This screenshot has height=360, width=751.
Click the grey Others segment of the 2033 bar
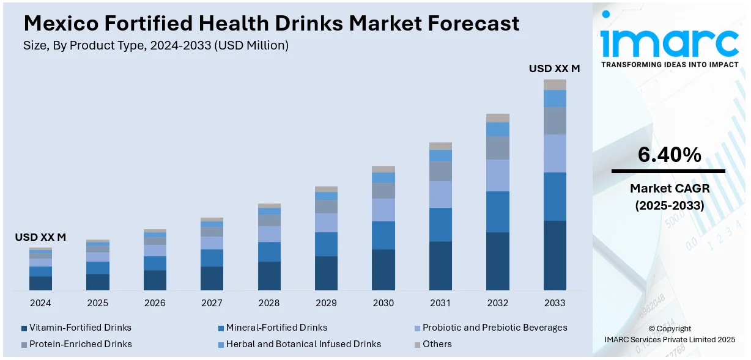coord(555,85)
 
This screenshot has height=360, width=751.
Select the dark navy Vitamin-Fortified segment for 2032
coord(498,261)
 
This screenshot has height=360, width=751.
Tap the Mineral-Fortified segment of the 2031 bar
coord(440,224)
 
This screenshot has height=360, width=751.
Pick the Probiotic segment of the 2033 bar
coord(555,153)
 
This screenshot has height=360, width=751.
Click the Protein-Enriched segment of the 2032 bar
coord(498,148)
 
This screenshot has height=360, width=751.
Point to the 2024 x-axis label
coord(40,303)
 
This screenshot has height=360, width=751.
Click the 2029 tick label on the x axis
coord(326,303)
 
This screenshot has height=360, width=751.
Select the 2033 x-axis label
coord(555,303)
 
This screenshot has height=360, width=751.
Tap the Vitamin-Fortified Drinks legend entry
coord(80,328)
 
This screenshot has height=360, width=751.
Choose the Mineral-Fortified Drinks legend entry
coord(276,328)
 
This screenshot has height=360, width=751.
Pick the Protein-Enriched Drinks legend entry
coord(80,344)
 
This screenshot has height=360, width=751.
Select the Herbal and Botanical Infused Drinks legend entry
coord(303,344)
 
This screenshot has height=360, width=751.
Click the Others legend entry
coord(437,344)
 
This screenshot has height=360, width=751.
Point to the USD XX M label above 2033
coord(554,69)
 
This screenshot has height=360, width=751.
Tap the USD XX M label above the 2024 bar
coord(40,237)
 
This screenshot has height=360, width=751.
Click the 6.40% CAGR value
coord(668,155)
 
